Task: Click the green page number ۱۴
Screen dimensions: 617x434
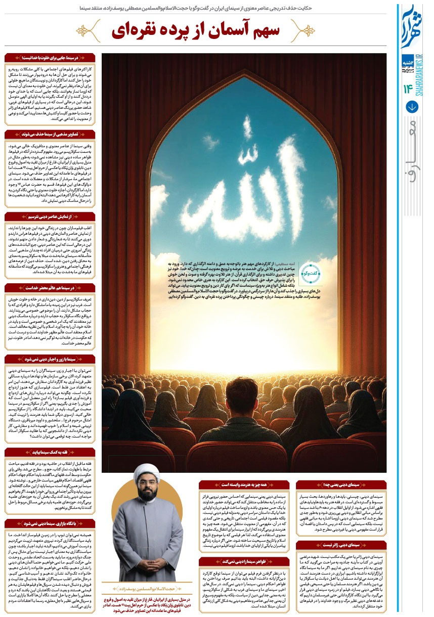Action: point(408,90)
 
